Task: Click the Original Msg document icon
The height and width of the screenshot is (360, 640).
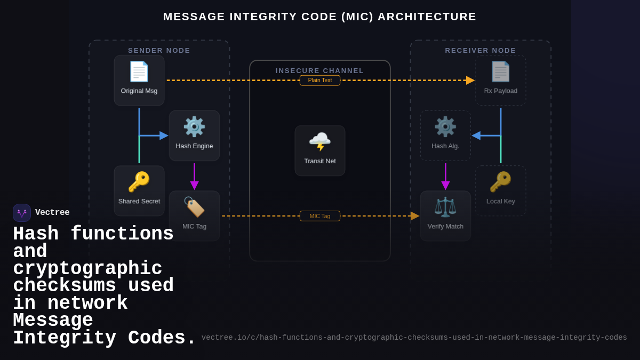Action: (x=139, y=71)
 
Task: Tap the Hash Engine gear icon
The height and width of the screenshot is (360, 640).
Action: (x=194, y=127)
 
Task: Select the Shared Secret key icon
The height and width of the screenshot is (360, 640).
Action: (x=139, y=182)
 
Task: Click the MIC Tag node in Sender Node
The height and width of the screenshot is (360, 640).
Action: (x=194, y=215)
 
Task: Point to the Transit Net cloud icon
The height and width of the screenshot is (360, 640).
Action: (x=319, y=142)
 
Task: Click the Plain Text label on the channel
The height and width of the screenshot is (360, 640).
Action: (x=319, y=81)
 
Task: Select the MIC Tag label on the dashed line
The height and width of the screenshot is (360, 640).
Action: (x=319, y=216)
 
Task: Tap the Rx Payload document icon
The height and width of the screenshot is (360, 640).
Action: (x=500, y=71)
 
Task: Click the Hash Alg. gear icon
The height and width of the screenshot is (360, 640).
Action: (x=445, y=127)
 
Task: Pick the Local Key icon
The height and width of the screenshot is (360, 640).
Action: (x=500, y=182)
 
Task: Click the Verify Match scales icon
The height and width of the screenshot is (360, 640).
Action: (x=445, y=207)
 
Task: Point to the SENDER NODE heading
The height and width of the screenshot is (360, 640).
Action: (x=159, y=51)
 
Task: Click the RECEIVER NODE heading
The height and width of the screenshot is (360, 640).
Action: (x=481, y=51)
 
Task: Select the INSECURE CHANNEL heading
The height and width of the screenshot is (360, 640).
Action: (x=319, y=71)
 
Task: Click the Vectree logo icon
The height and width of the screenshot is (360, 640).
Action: (x=22, y=213)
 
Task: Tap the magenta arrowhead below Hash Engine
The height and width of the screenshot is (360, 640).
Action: (x=194, y=186)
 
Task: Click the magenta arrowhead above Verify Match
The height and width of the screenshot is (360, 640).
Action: (x=445, y=186)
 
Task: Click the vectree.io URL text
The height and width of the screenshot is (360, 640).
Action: (x=414, y=338)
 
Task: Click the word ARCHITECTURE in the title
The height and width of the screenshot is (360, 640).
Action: (x=427, y=17)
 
